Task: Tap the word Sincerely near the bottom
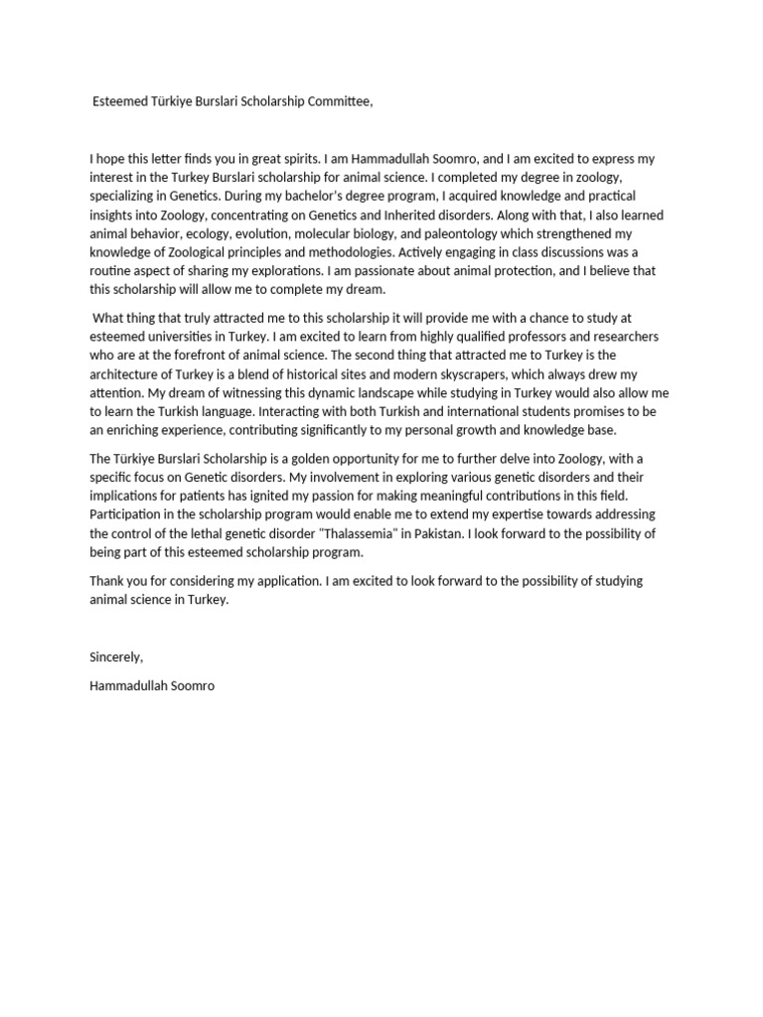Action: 117,656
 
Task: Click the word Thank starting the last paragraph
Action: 107,581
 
